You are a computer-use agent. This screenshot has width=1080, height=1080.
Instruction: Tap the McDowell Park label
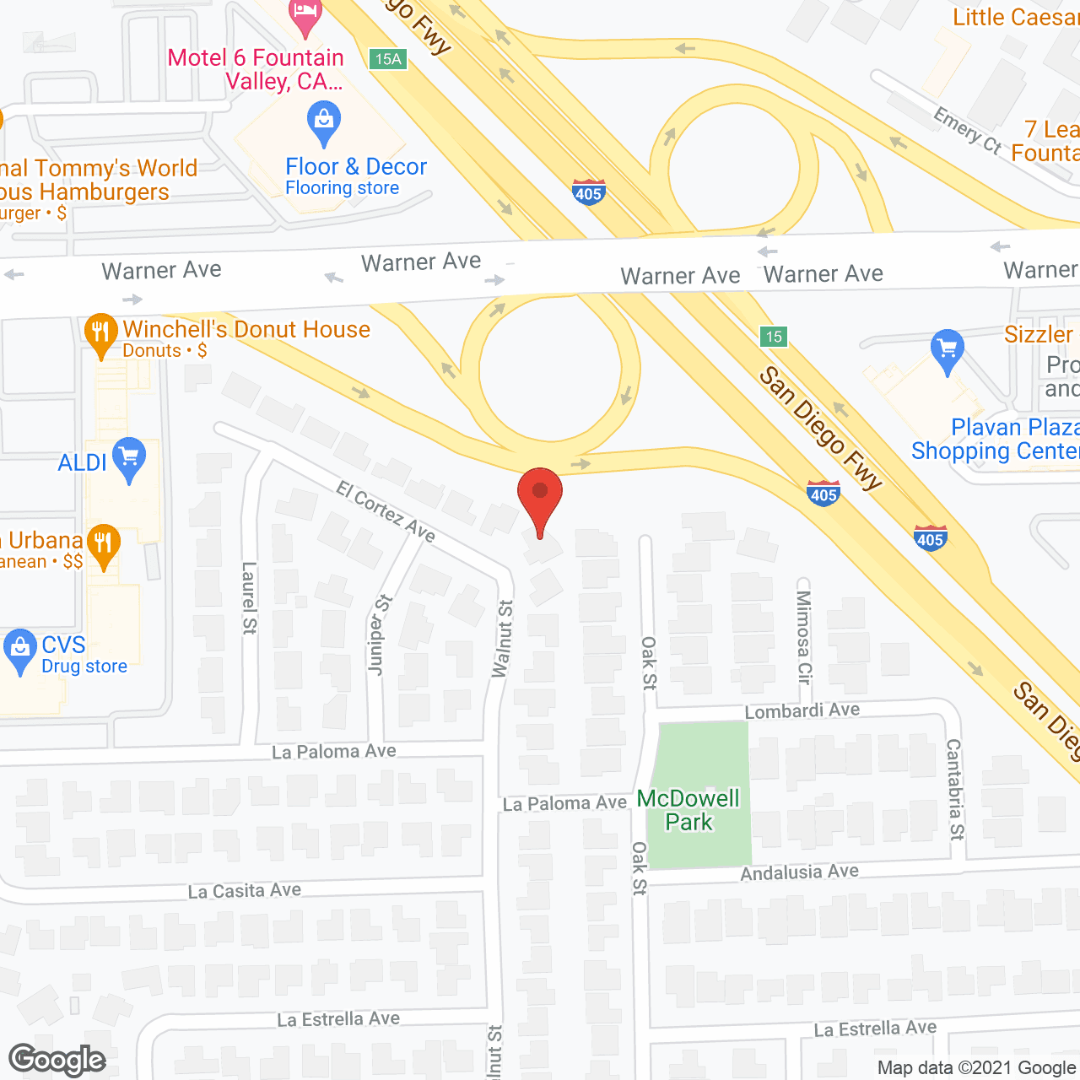click(x=688, y=810)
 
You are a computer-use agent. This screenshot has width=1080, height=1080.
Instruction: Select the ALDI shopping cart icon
click(x=129, y=460)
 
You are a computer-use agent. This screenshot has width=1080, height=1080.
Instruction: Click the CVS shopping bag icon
click(x=19, y=650)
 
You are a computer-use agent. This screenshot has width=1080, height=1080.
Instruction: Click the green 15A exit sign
click(x=388, y=59)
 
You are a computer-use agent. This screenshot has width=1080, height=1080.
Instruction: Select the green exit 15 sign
click(x=773, y=337)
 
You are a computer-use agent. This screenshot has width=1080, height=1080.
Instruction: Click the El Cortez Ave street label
click(x=386, y=511)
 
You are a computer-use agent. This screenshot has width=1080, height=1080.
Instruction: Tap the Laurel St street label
click(x=249, y=597)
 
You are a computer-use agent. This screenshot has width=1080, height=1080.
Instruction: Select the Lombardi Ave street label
click(x=802, y=710)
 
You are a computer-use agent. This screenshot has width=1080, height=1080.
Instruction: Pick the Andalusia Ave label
click(x=799, y=872)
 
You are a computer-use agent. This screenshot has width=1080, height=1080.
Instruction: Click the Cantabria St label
click(x=954, y=789)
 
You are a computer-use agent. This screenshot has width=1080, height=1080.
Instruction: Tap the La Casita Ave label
click(x=244, y=891)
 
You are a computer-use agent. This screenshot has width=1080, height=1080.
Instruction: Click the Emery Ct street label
click(x=967, y=131)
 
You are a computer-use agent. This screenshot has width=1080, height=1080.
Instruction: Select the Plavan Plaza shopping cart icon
click(x=948, y=349)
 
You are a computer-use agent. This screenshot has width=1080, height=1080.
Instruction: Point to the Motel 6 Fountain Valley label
click(x=256, y=69)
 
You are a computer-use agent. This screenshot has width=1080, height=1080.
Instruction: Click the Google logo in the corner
click(x=57, y=1060)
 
